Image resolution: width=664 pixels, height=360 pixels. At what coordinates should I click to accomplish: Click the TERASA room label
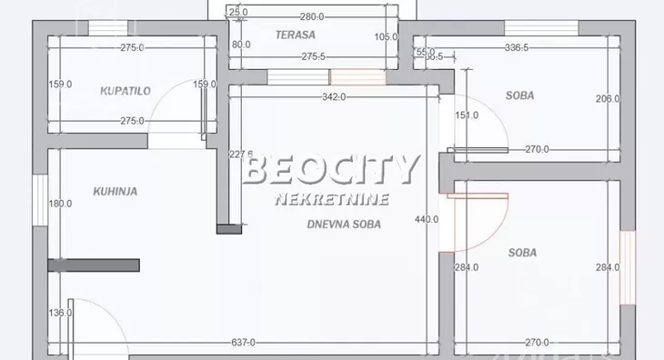(296, 35)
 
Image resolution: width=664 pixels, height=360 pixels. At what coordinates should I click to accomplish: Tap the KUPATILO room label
(125, 90)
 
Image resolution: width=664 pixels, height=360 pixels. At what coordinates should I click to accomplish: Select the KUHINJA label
(115, 191)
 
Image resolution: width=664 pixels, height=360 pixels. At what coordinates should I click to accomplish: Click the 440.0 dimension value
(427, 219)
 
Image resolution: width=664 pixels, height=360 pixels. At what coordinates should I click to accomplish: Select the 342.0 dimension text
(334, 97)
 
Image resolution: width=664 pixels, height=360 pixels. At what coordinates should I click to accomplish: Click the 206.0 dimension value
(607, 99)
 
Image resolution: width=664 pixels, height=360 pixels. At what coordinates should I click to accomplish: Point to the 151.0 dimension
(466, 115)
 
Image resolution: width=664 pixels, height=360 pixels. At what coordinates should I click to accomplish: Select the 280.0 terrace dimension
(312, 16)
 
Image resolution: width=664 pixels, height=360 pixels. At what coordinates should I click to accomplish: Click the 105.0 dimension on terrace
(387, 37)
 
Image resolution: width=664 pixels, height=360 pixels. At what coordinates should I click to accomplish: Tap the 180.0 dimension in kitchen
(60, 204)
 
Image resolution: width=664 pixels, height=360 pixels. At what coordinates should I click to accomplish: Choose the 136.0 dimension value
(60, 315)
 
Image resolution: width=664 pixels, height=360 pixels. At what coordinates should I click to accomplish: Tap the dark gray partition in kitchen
(93, 265)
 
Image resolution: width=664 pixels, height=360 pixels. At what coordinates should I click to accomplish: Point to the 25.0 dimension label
(238, 13)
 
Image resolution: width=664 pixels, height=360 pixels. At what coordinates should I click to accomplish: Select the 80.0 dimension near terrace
(241, 44)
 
